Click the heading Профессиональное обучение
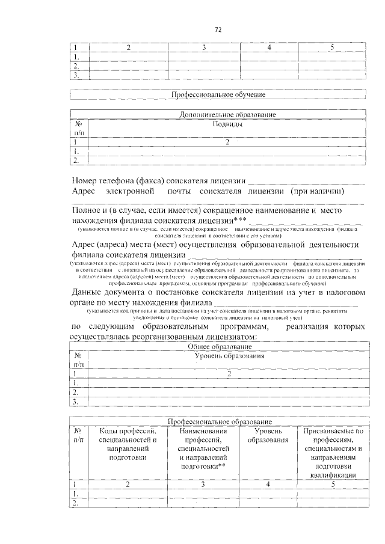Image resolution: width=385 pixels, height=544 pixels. pyautogui.click(x=218, y=94)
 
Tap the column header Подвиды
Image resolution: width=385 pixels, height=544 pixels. pyautogui.click(x=228, y=124)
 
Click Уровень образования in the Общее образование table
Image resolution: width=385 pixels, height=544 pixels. pyautogui.click(x=229, y=357)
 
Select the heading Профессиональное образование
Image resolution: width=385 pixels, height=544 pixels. pyautogui.click(x=219, y=422)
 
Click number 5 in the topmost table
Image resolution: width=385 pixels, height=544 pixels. pyautogui.click(x=333, y=46)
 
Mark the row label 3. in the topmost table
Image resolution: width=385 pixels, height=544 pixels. pyautogui.click(x=76, y=76)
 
